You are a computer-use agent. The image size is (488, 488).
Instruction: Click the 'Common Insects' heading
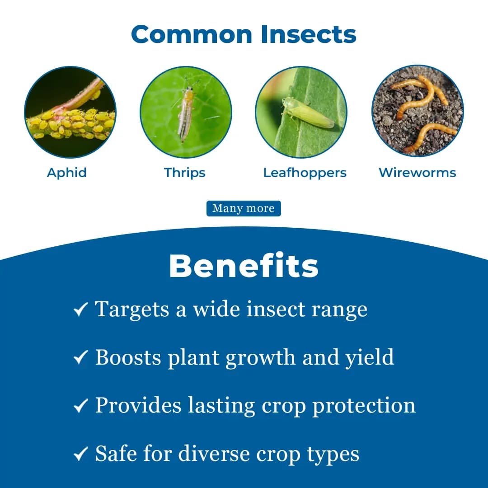[x=244, y=34]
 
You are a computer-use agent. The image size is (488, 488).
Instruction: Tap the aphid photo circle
[x=70, y=112]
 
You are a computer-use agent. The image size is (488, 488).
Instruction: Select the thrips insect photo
[x=186, y=112]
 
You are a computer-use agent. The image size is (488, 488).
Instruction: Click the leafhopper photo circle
[x=301, y=112]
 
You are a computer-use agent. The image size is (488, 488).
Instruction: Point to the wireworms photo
[x=418, y=112]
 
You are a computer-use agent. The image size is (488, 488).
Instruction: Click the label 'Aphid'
[x=67, y=173]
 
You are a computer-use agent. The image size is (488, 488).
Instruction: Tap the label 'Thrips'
[x=185, y=173]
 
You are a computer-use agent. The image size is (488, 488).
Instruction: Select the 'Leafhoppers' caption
[x=305, y=173]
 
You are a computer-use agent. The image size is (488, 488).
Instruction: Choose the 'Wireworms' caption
[x=418, y=173]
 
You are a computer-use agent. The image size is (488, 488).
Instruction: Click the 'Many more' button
[x=244, y=208]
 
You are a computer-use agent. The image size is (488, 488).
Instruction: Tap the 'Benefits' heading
[x=244, y=266]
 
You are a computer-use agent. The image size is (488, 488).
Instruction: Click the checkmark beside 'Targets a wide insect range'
[x=80, y=310]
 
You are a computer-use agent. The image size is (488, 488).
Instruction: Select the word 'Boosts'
[x=128, y=358]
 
